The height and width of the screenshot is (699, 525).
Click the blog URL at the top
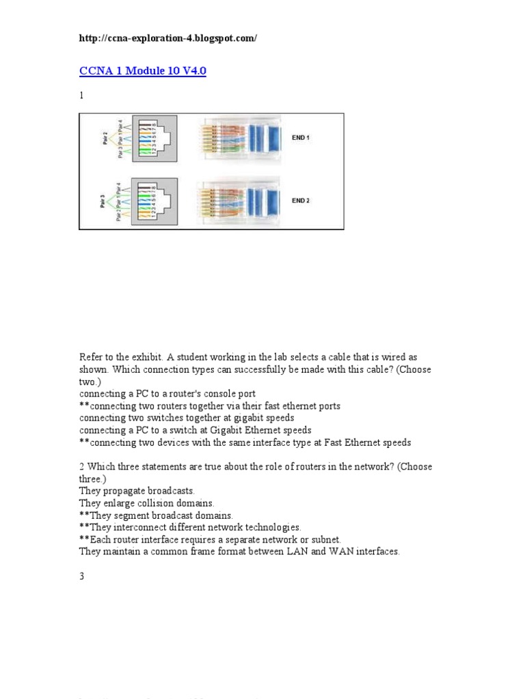168,38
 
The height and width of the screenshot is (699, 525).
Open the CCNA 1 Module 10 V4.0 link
143,72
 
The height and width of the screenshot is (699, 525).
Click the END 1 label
300,138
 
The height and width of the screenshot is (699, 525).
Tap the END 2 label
300,201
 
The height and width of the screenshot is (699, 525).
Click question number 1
81,96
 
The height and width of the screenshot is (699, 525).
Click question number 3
81,576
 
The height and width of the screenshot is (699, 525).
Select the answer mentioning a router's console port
167,394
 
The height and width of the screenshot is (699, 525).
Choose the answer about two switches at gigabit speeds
187,418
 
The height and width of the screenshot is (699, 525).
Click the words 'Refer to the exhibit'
112,357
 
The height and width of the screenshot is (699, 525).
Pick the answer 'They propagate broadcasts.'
137,491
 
